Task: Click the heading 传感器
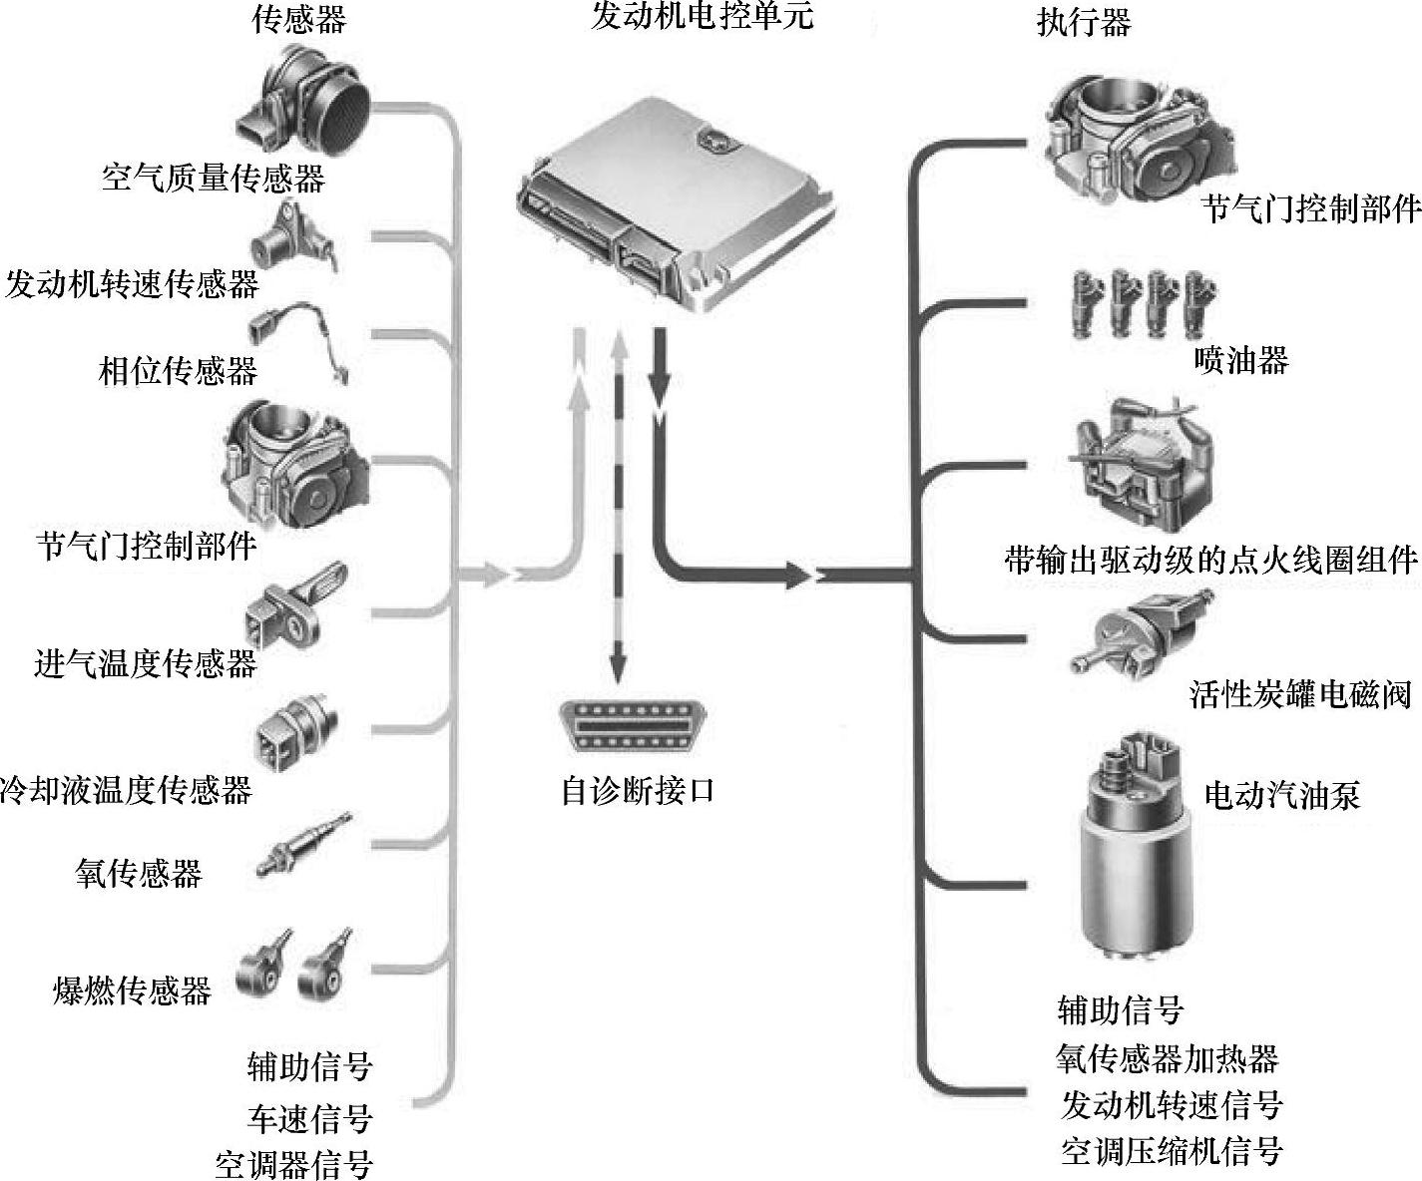[298, 20]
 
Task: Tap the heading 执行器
[1084, 22]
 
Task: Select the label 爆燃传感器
[132, 990]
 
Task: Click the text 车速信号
[309, 1118]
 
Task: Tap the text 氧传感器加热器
[1167, 1057]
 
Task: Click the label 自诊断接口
[638, 792]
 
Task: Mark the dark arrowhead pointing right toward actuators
[796, 575]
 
